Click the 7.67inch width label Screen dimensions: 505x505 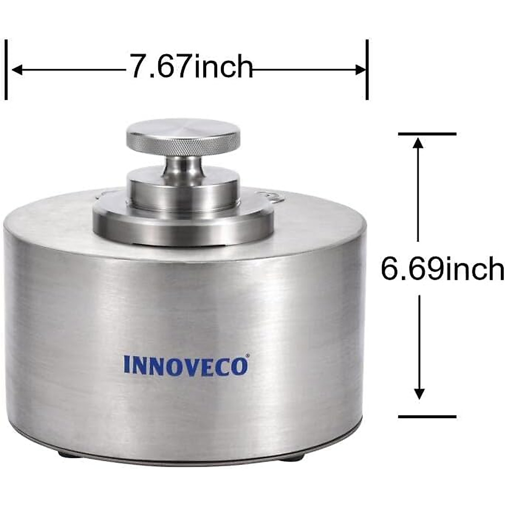tap(190, 66)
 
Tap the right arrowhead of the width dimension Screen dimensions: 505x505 tap(361, 69)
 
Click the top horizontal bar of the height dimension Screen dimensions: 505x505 tap(427, 134)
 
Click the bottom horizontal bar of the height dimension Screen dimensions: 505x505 tap(427, 417)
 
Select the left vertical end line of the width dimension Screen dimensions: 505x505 tap(6, 69)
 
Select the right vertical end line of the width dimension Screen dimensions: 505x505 tap(367, 69)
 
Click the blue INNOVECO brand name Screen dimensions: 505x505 tap(186, 366)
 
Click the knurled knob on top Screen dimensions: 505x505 tap(183, 136)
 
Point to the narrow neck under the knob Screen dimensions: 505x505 tap(183, 165)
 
